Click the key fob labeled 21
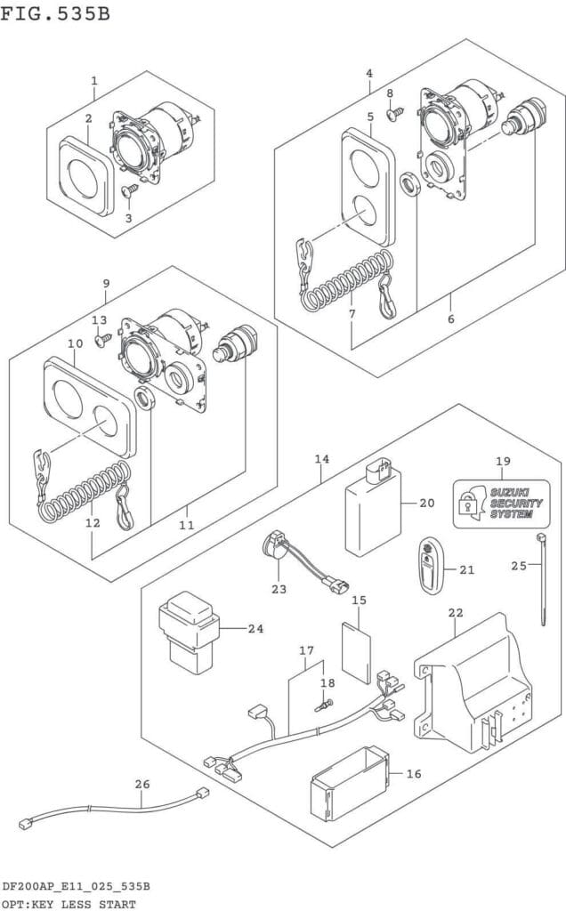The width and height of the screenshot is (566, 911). click(x=430, y=564)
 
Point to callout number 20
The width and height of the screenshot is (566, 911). click(x=426, y=503)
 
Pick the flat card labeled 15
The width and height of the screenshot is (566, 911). click(x=356, y=651)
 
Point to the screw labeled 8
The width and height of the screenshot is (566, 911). click(x=395, y=114)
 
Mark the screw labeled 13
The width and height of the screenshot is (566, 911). click(x=104, y=339)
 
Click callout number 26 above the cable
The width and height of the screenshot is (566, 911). click(x=142, y=784)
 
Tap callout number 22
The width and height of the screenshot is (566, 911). click(x=456, y=613)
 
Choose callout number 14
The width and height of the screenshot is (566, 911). click(x=321, y=459)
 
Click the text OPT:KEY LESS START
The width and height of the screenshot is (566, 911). click(x=69, y=904)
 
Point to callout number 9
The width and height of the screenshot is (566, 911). click(x=106, y=284)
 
